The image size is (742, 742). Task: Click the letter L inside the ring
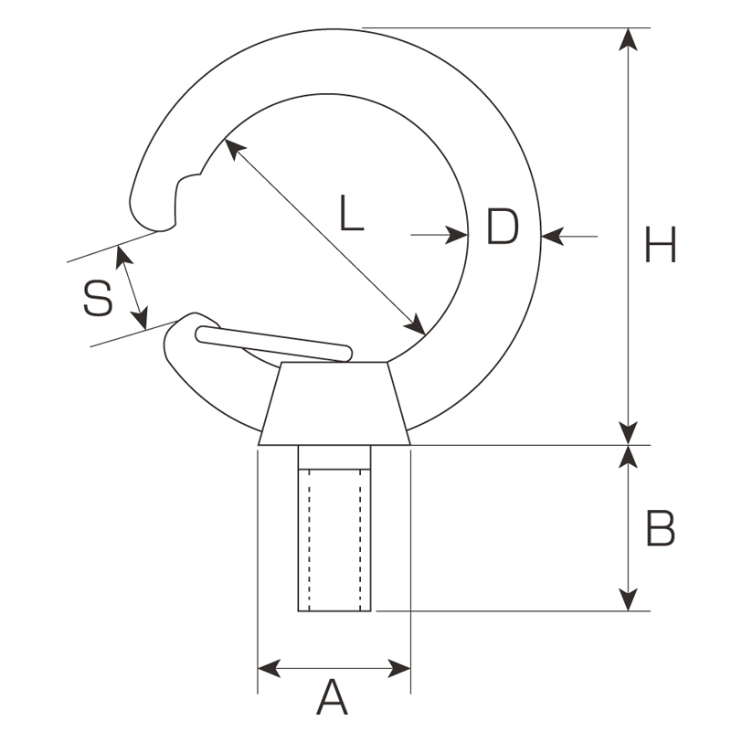tap(351, 213)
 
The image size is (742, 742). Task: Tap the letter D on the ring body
tap(503, 227)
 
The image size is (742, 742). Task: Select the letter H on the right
tap(660, 244)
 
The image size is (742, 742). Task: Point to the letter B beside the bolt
tap(660, 528)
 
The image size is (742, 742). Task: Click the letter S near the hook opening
tap(98, 298)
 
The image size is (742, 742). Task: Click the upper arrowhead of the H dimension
tap(628, 39)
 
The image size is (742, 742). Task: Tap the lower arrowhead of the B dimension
tap(628, 599)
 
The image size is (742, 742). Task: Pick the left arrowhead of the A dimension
tap(269, 668)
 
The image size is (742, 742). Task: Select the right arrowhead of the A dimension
tap(399, 668)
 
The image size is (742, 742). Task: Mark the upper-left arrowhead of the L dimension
tap(235, 150)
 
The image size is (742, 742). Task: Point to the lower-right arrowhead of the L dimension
tap(414, 323)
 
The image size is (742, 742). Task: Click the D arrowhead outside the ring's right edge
tap(553, 236)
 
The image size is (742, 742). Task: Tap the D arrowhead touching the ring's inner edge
tap(457, 234)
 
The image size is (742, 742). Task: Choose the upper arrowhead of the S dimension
tap(124, 258)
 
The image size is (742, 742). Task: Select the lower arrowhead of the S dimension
tap(141, 318)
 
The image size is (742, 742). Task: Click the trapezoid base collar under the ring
tap(334, 403)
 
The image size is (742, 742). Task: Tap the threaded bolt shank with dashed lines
tap(334, 528)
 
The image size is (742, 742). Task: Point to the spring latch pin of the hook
tap(274, 344)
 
